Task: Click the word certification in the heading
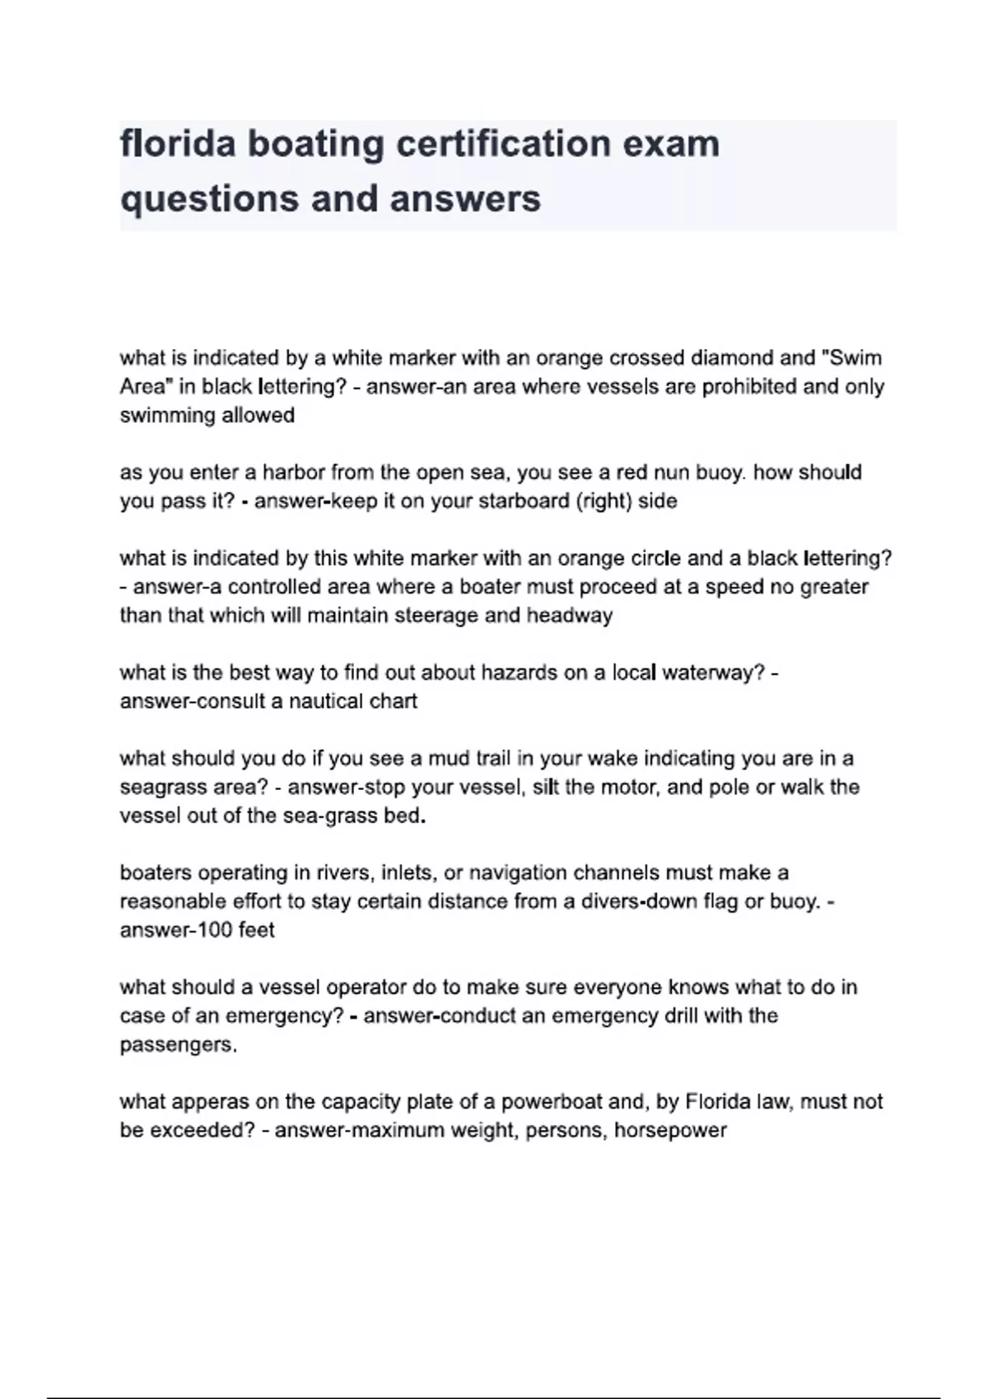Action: pyautogui.click(x=502, y=144)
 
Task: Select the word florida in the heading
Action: pyautogui.click(x=178, y=144)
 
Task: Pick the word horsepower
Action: pyautogui.click(x=670, y=1130)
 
